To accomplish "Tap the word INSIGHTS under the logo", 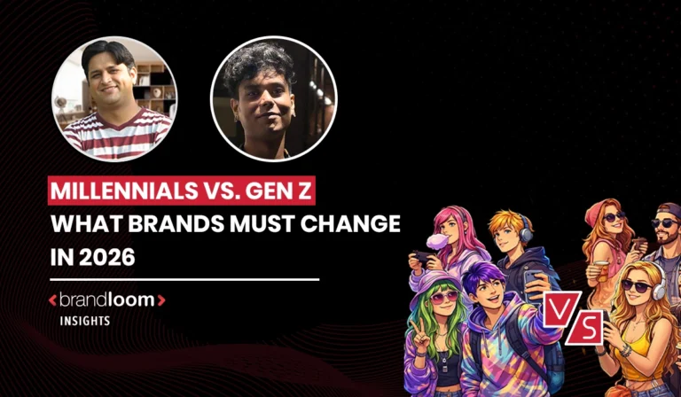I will coord(85,321).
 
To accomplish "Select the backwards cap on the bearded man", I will coord(667,211).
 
